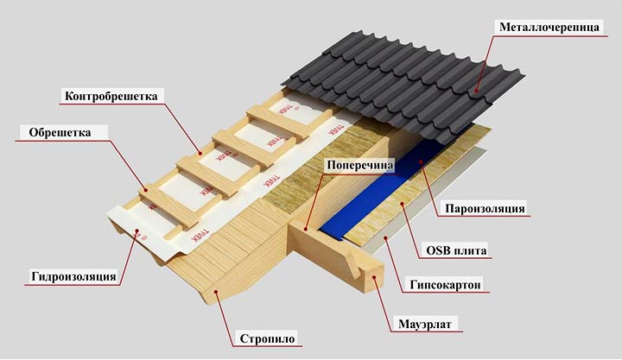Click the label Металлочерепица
[x=549, y=27]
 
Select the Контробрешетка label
[x=111, y=96]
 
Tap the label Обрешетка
[x=60, y=132]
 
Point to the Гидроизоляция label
[x=73, y=276]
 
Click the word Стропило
[x=267, y=339]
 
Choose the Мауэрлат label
[x=425, y=324]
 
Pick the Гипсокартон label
[x=446, y=285]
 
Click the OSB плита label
[x=456, y=250]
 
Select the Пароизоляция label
[x=485, y=209]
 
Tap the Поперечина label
[x=359, y=165]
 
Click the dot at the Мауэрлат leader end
[x=373, y=277]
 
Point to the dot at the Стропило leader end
[x=216, y=292]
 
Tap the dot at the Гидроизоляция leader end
[x=136, y=230]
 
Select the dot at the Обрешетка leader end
[x=146, y=190]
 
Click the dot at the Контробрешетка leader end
[x=200, y=154]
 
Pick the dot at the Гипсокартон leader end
[x=386, y=237]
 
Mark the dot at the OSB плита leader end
[x=403, y=204]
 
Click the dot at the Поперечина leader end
[x=306, y=229]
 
